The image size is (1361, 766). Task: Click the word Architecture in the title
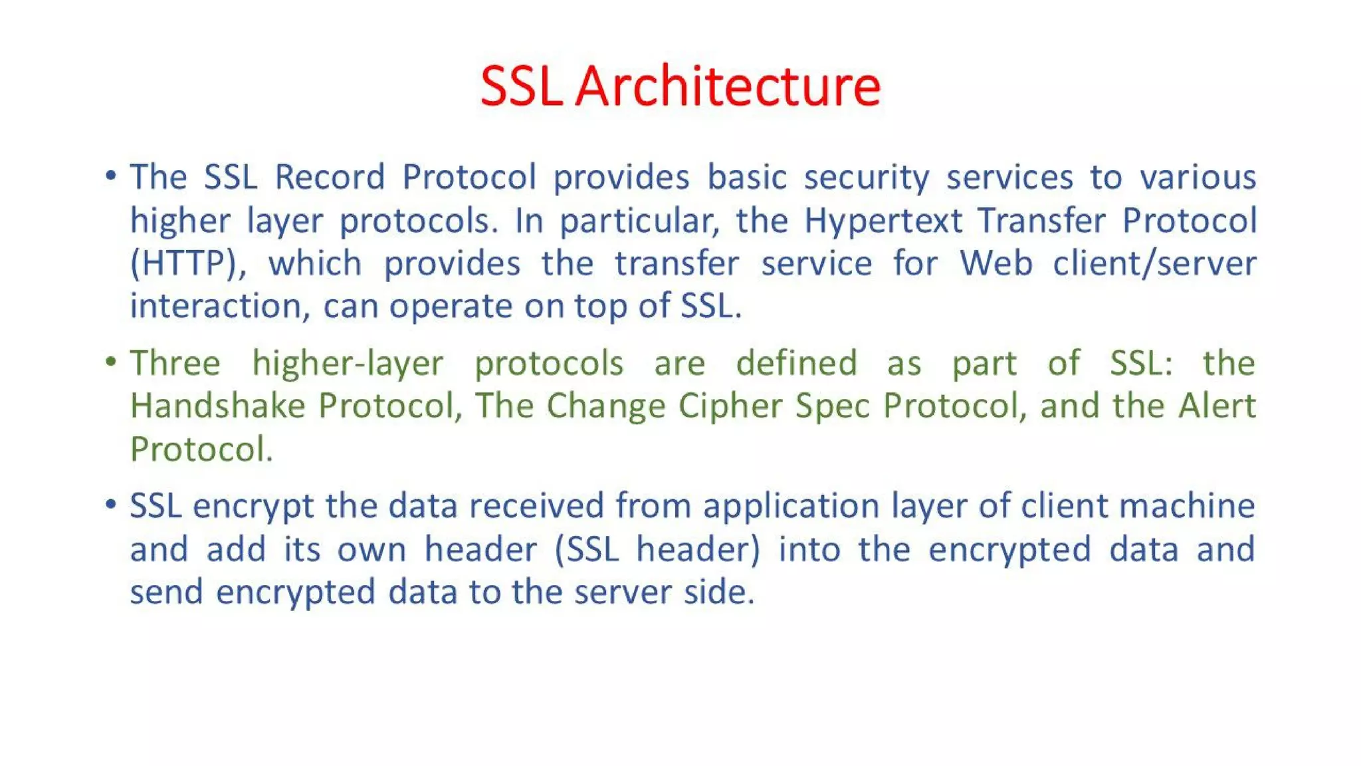728,86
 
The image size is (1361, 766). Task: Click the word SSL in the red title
520,86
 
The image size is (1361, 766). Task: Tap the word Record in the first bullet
330,178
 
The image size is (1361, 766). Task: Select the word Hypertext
883,221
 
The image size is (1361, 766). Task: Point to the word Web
995,263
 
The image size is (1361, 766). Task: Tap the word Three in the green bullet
175,364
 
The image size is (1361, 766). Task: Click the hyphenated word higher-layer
348,364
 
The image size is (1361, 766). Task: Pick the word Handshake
217,406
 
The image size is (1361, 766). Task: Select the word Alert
1217,406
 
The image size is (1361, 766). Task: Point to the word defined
796,364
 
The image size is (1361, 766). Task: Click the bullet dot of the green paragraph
111,362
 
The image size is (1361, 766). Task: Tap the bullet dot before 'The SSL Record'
111,176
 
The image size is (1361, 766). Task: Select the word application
791,506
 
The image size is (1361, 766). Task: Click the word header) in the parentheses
697,549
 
